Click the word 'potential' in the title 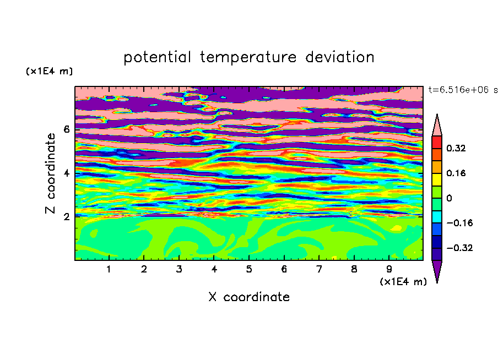(157, 58)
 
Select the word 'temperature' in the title (248, 57)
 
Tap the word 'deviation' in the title (340, 57)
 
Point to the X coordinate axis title (249, 297)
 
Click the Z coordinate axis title (51, 173)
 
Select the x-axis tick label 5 (249, 269)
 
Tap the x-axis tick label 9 (389, 269)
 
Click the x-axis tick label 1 (109, 269)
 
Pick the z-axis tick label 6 (67, 129)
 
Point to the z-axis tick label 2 (67, 216)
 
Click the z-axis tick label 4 (67, 173)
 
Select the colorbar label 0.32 (456, 148)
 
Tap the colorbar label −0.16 (459, 223)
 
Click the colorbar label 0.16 (456, 173)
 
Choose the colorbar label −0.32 (459, 248)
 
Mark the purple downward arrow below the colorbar (437, 270)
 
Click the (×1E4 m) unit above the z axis (49, 71)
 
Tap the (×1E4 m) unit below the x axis (403, 282)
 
